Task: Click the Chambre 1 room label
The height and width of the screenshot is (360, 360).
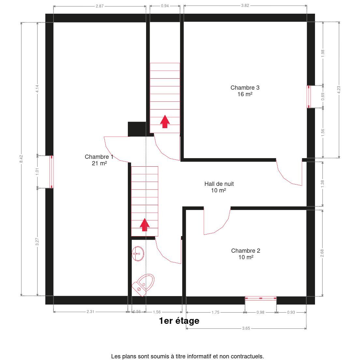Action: (x=99, y=160)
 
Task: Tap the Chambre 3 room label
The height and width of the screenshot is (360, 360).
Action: (x=245, y=91)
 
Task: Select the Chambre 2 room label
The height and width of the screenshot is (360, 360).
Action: (x=246, y=254)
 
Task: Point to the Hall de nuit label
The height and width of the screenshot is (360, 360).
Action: (x=219, y=187)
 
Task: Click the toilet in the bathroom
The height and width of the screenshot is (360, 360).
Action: (x=143, y=285)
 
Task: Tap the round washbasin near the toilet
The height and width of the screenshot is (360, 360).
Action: (x=138, y=254)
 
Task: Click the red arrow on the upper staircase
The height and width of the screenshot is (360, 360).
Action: (x=165, y=121)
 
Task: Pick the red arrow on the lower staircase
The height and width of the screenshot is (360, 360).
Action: (x=145, y=225)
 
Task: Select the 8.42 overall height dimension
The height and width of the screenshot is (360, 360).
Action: (x=21, y=159)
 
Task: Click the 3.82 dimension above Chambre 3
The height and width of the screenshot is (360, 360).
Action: (x=245, y=6)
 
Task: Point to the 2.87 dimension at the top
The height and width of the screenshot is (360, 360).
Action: (x=100, y=6)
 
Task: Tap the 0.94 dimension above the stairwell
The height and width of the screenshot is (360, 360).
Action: (x=165, y=6)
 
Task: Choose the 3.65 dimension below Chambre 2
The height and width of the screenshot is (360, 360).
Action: (x=246, y=328)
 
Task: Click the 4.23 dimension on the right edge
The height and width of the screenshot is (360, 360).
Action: (x=339, y=90)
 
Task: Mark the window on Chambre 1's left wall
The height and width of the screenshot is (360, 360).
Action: (x=52, y=172)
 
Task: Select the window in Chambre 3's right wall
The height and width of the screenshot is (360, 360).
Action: (x=309, y=97)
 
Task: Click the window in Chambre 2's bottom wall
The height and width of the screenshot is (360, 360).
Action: (x=261, y=298)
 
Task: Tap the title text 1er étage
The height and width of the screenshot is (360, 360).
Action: (x=179, y=321)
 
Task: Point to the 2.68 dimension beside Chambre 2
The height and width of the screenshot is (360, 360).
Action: (x=322, y=253)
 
